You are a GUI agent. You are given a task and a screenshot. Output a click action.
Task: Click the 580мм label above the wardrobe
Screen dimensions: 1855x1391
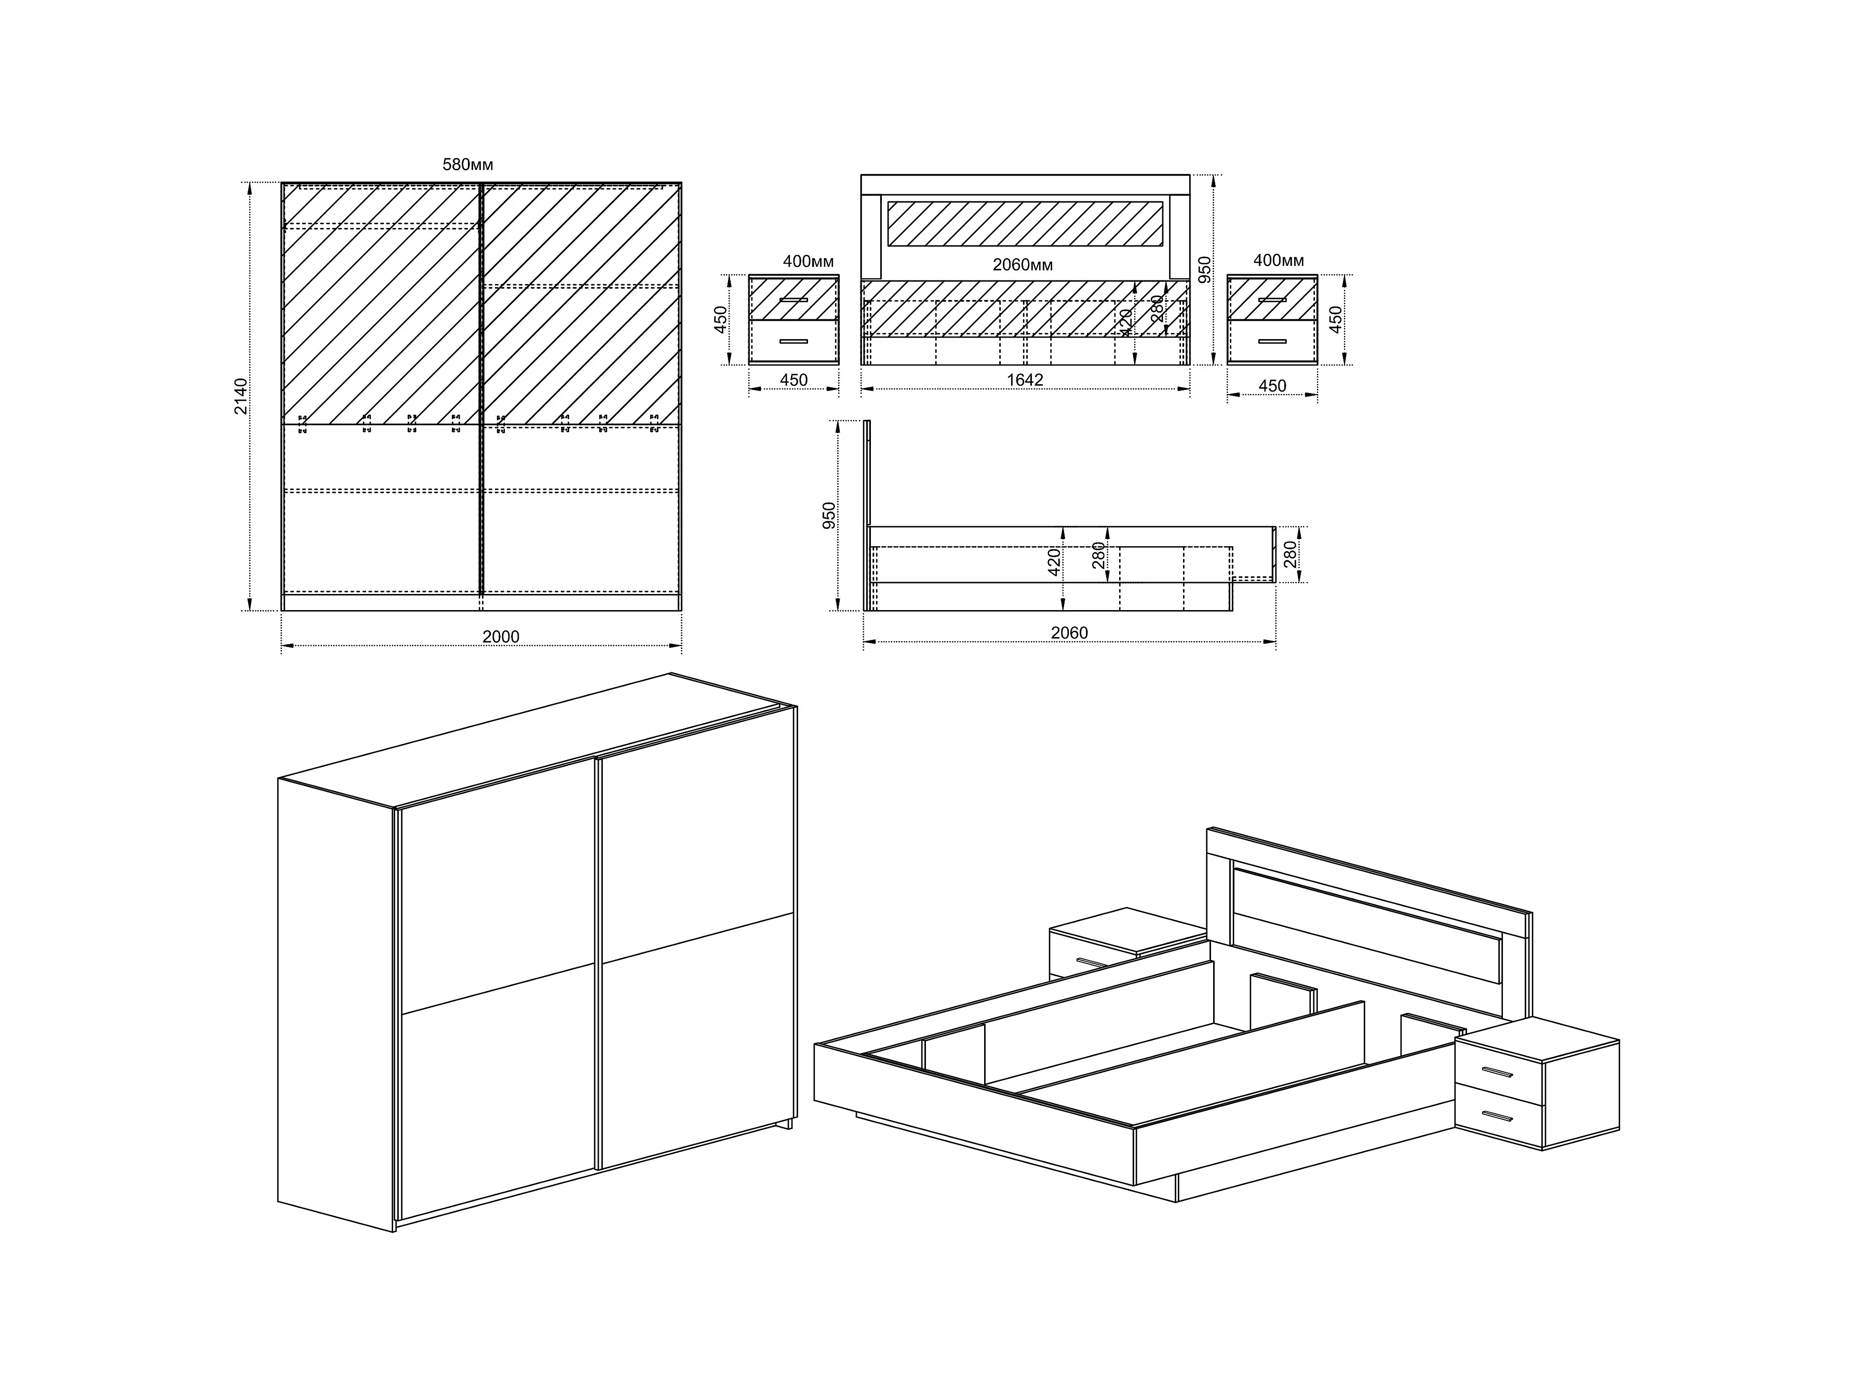coord(468,165)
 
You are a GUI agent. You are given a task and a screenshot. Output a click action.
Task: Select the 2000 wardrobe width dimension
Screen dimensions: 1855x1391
coord(501,637)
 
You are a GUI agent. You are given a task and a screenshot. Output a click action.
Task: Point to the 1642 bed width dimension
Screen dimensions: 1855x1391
coord(1025,380)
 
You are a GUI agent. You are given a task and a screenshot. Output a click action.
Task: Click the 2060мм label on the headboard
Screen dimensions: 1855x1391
coord(1022,265)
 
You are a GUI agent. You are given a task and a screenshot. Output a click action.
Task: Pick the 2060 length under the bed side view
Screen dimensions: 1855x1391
coord(1069,632)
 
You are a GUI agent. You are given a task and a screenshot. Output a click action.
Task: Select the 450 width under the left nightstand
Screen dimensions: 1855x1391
coord(794,380)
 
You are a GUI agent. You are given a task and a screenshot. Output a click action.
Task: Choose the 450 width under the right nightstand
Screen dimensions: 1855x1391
coord(1272,386)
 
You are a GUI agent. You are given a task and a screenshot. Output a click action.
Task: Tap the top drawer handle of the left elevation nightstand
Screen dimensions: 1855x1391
coord(794,299)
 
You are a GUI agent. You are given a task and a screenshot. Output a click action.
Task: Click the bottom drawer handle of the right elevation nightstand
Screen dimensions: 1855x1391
coord(1272,341)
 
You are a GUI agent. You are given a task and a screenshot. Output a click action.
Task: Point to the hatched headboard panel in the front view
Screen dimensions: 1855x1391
coord(1025,223)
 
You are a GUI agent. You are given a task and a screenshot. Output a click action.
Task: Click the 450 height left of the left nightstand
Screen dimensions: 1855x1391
coord(720,319)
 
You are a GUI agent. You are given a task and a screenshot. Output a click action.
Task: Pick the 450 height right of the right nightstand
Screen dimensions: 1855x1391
coord(1336,319)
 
